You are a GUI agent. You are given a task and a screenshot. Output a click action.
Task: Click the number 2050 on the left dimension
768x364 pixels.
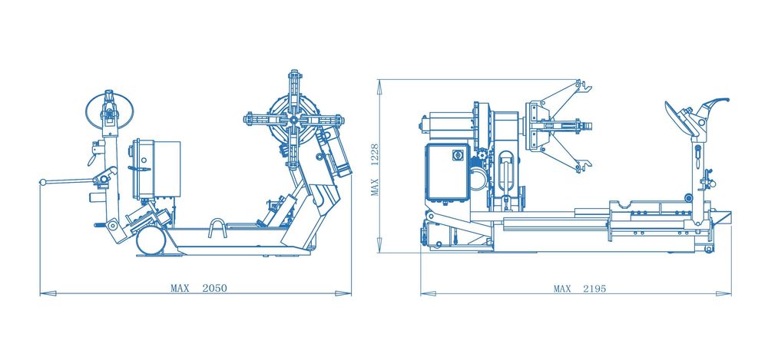[214, 288]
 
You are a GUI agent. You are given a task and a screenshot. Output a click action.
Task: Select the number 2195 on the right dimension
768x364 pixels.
[594, 289]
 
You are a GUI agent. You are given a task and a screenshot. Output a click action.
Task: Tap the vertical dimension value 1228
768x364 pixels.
[376, 156]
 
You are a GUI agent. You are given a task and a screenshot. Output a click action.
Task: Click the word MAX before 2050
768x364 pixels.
[180, 288]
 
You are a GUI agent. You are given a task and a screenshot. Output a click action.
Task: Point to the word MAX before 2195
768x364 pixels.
[562, 289]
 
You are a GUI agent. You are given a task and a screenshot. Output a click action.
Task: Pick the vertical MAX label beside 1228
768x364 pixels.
[376, 187]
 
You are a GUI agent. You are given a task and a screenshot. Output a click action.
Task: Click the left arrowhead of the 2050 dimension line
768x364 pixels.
[48, 293]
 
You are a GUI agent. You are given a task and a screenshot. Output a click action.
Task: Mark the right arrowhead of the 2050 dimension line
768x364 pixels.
[343, 293]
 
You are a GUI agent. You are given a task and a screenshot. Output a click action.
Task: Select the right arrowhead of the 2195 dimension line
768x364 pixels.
[723, 293]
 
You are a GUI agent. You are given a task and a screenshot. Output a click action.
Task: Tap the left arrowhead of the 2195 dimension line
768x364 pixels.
[429, 293]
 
